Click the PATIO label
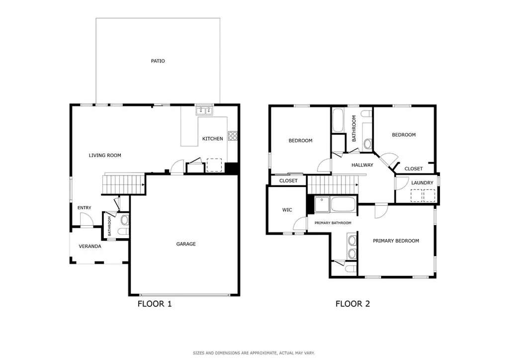[x=158, y=61]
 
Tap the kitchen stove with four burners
[x=233, y=136]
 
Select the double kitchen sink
[x=204, y=111]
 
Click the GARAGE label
[x=186, y=244]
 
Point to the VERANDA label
[x=90, y=247]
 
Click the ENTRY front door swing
[x=86, y=219]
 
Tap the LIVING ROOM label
[x=105, y=156]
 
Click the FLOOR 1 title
[x=155, y=304]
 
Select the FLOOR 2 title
[x=352, y=304]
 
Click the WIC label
[x=287, y=210]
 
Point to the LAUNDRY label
[x=422, y=183]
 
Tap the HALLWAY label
[x=362, y=165]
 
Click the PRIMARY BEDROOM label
[x=396, y=241]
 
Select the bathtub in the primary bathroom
[x=343, y=204]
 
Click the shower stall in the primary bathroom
[x=322, y=204]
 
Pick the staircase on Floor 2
[x=333, y=184]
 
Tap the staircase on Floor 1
[x=123, y=184]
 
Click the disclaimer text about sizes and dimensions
[x=254, y=353]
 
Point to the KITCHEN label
[x=213, y=139]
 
